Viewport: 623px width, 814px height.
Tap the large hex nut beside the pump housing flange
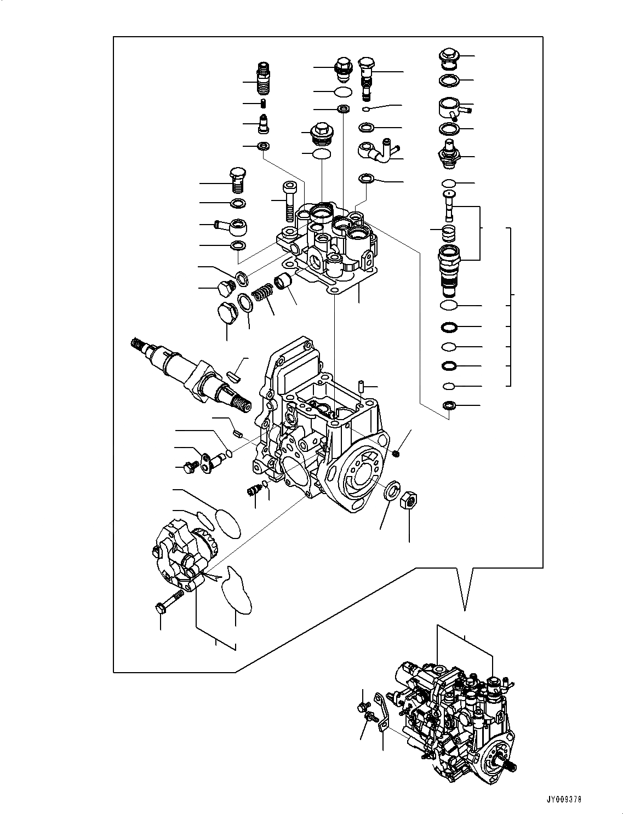[408, 500]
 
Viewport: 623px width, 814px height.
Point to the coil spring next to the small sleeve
[264, 293]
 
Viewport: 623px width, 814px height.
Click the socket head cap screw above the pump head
[289, 200]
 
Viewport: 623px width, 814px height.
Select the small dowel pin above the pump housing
[362, 386]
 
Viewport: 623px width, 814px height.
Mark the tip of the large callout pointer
[465, 609]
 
